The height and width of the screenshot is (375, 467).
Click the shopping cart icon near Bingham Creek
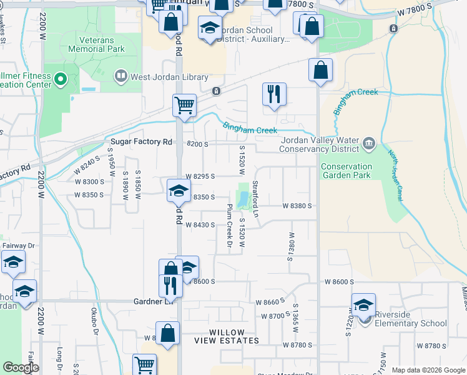184,106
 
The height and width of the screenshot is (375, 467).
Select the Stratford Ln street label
255,199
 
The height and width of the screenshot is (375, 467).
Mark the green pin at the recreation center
61,79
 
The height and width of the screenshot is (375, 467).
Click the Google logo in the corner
21,367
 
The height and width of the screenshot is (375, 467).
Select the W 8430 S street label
200,224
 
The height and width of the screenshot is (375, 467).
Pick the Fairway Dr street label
13,246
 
